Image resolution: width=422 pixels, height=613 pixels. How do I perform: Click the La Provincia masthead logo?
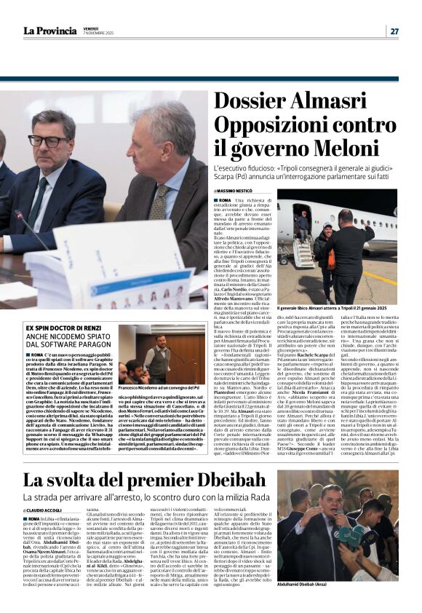pos(49,31)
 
